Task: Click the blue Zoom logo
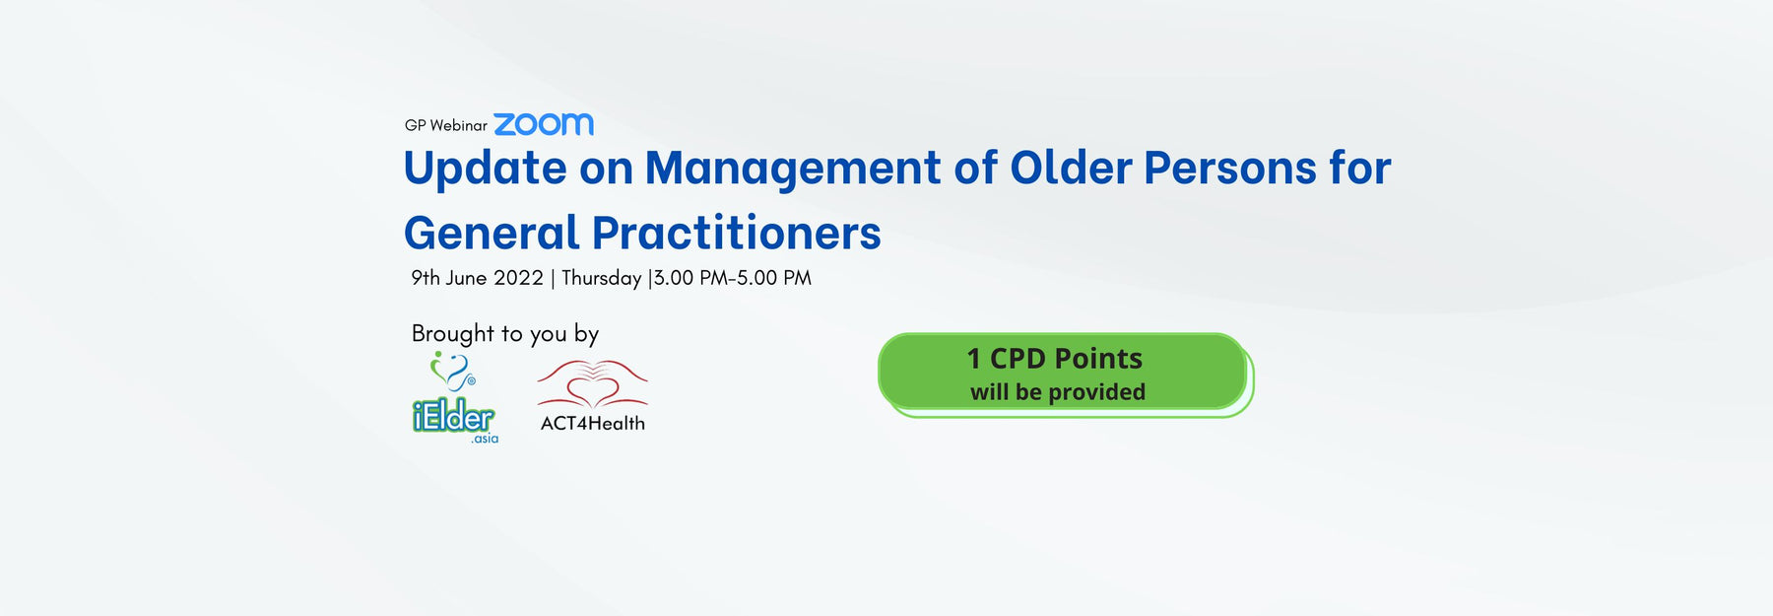click(544, 124)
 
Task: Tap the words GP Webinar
click(445, 125)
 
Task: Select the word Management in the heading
click(792, 169)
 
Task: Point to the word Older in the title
click(1071, 168)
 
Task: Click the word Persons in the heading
click(1229, 169)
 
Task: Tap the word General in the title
click(492, 233)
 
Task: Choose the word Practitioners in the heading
click(736, 233)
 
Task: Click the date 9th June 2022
click(477, 278)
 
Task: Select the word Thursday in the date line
click(601, 279)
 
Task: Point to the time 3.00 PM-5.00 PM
click(733, 278)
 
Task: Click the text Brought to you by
click(504, 334)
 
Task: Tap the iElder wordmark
click(453, 417)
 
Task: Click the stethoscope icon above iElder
click(452, 373)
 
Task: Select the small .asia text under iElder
click(485, 439)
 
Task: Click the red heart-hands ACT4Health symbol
click(592, 384)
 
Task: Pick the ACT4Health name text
click(592, 424)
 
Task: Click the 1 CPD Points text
click(1054, 359)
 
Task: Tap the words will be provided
click(1057, 392)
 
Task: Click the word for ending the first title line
click(1359, 168)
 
